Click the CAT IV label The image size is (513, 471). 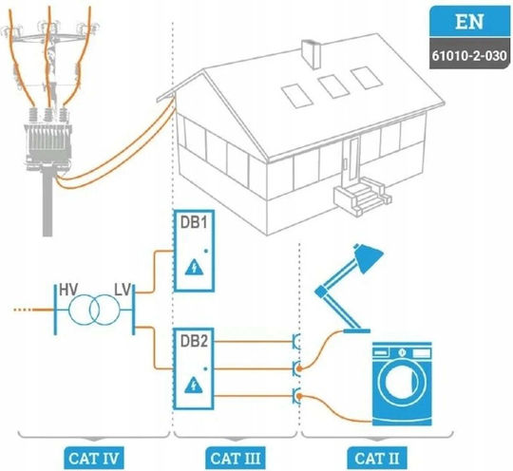94,459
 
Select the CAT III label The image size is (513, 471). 236,459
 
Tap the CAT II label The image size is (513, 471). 377,459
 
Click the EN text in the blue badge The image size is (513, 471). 469,22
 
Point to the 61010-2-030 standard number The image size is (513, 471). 469,56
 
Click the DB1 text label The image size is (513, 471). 194,223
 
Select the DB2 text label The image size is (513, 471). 194,341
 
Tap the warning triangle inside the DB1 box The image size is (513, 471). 195,267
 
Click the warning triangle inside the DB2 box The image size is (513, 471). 194,385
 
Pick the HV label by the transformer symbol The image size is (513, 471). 68,290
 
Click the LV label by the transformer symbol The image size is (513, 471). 123,290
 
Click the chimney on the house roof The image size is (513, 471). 311,53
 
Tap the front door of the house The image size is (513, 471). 353,160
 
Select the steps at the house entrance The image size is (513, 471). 362,196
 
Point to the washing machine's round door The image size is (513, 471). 402,382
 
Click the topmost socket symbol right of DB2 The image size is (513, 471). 296,342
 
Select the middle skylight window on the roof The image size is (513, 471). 333,86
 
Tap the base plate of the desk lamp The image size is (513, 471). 356,331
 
